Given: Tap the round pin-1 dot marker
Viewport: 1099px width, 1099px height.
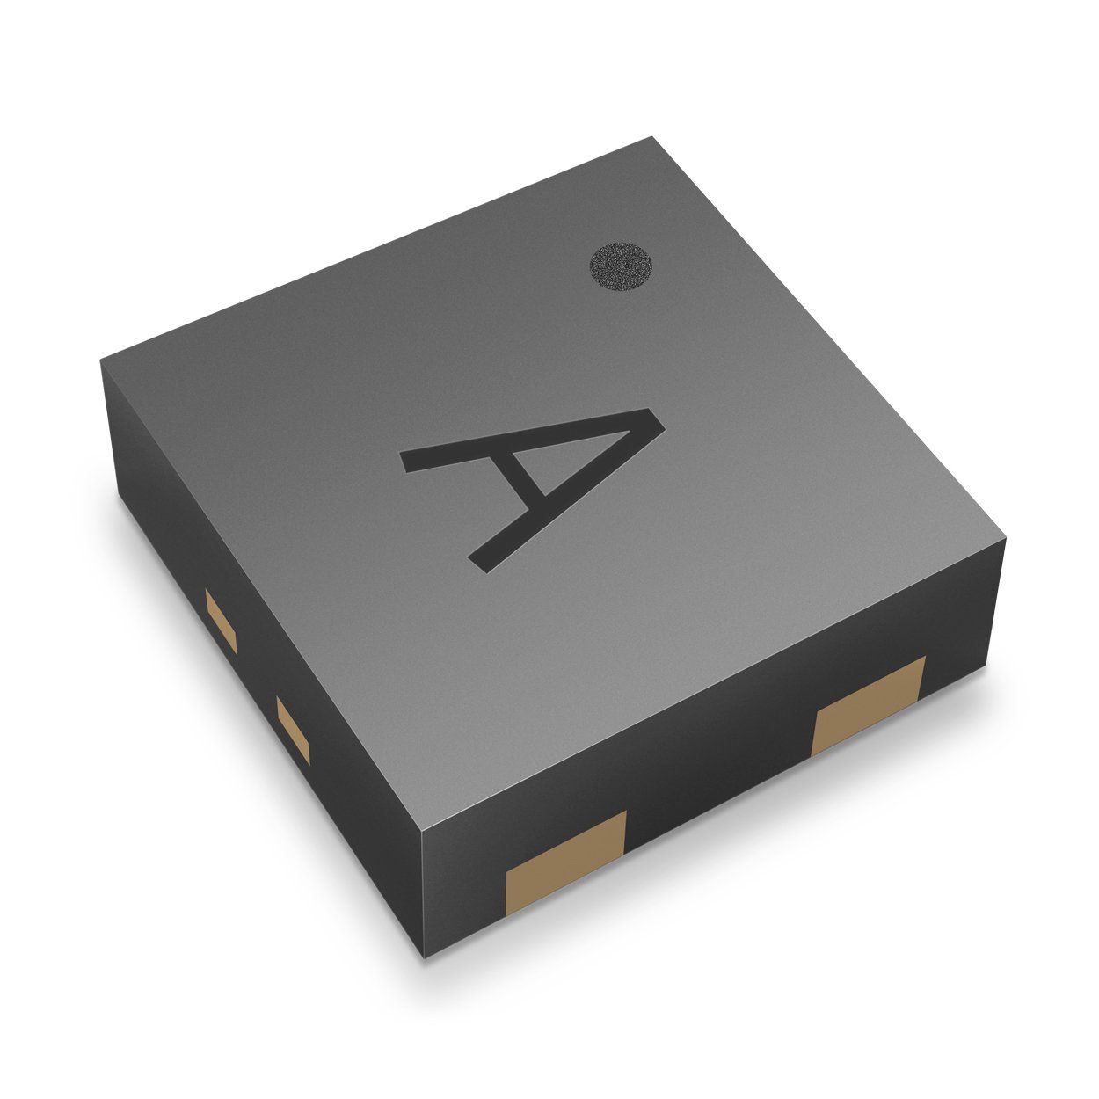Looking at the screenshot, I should (x=622, y=266).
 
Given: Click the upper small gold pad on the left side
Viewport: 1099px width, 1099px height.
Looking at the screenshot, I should (x=221, y=621).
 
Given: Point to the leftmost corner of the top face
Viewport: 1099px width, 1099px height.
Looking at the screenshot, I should (x=100, y=358).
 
